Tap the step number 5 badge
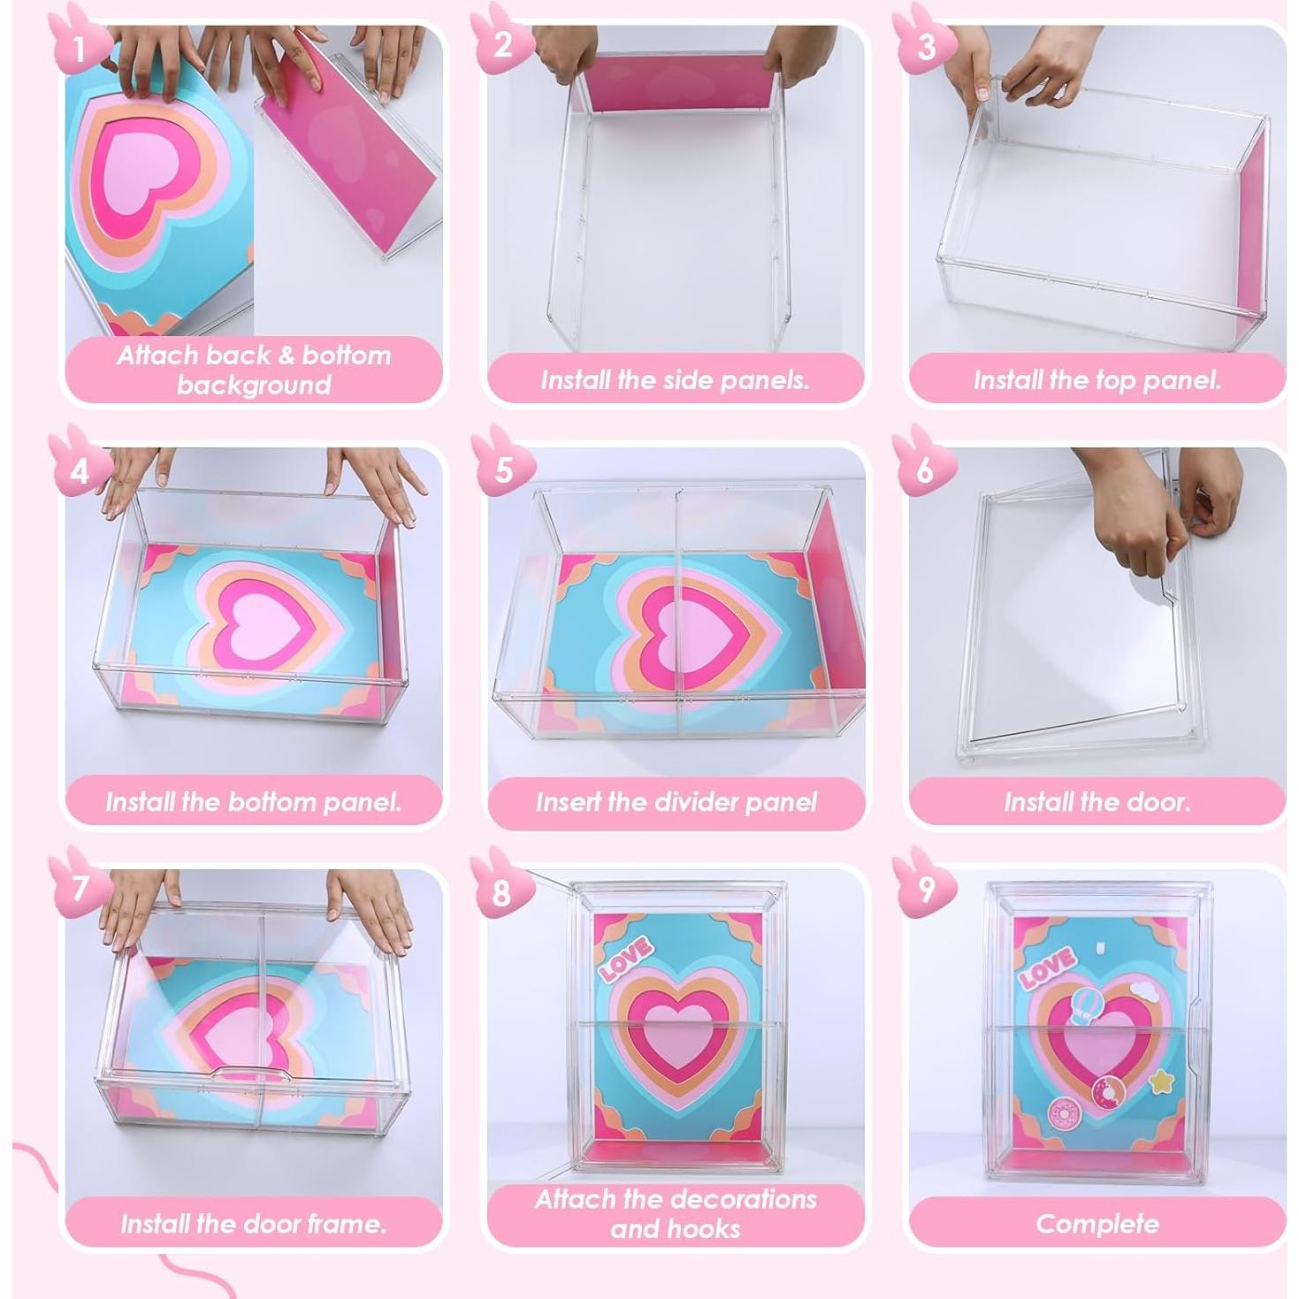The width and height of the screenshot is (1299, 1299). (502, 468)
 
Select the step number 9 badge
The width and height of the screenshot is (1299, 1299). (924, 888)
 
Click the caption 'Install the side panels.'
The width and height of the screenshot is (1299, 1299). (675, 380)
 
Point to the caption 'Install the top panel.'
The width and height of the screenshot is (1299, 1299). (1097, 380)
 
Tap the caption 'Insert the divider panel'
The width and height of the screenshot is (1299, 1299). (676, 802)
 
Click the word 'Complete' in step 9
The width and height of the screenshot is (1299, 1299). (1097, 1224)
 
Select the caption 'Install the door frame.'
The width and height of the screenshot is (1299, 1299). (253, 1224)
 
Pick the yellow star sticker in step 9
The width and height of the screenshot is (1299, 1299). (1160, 1081)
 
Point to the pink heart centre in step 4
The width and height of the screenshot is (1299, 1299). (256, 615)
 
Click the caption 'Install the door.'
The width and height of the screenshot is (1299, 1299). (1097, 802)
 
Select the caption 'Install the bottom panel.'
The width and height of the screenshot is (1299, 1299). (253, 802)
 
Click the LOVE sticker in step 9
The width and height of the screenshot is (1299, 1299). (1047, 967)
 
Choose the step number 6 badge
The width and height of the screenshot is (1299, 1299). (924, 468)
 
